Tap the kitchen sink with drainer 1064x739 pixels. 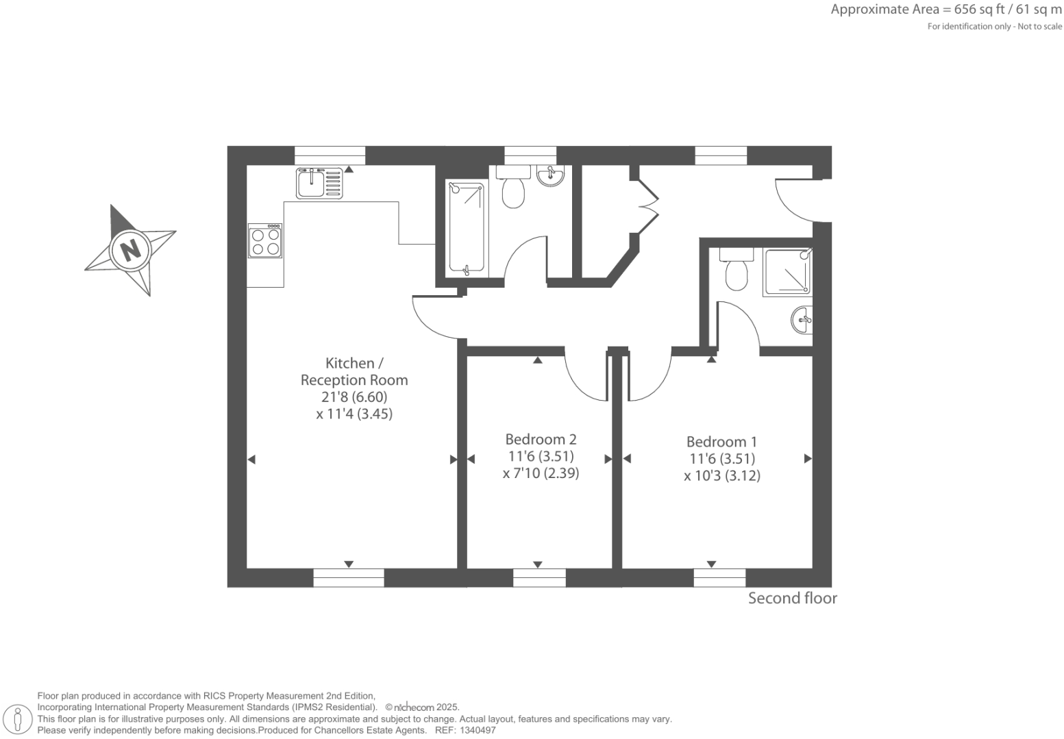(x=319, y=182)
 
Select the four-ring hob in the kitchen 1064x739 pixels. (x=265, y=241)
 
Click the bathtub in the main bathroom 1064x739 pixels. (x=466, y=228)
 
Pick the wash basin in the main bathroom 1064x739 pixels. (x=550, y=176)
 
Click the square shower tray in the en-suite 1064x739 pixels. (x=787, y=273)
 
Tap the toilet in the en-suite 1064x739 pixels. (x=737, y=271)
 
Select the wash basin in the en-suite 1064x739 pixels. (x=802, y=320)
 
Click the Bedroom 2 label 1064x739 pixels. (x=541, y=440)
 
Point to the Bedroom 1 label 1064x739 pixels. (x=721, y=442)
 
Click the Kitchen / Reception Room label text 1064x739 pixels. (x=354, y=371)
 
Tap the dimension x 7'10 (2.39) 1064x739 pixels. (x=541, y=473)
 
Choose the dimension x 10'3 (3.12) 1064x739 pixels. (x=721, y=475)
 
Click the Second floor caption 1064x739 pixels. (x=792, y=598)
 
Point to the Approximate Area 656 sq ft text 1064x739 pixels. (x=945, y=10)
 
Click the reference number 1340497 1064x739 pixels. (x=479, y=730)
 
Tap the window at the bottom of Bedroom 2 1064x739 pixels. (x=539, y=577)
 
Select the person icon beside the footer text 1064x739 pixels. (x=18, y=719)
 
